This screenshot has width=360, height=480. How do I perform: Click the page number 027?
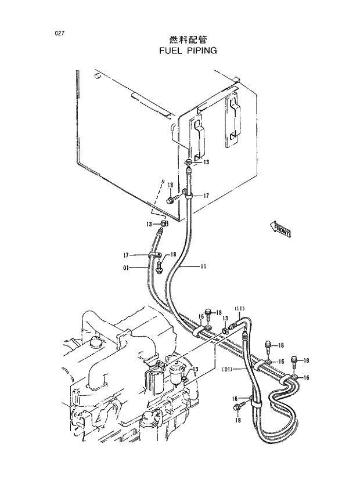click(x=57, y=33)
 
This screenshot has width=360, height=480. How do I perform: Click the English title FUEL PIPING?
click(x=188, y=50)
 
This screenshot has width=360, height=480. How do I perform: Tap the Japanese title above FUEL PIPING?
click(x=188, y=39)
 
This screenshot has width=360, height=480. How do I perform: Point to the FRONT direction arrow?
click(x=281, y=229)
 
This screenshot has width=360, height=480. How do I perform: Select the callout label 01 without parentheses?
click(x=127, y=268)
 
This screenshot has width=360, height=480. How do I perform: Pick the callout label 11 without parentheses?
click(x=203, y=268)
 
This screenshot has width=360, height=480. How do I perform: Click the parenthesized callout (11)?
click(x=240, y=308)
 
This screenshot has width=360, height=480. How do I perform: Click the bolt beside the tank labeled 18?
click(x=170, y=200)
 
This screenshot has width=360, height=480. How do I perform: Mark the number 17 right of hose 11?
click(x=206, y=196)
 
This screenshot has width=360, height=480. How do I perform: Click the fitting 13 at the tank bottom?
click(x=189, y=162)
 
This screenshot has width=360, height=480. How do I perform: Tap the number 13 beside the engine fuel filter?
click(x=196, y=369)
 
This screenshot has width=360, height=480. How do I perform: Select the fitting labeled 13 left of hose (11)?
click(x=225, y=330)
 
